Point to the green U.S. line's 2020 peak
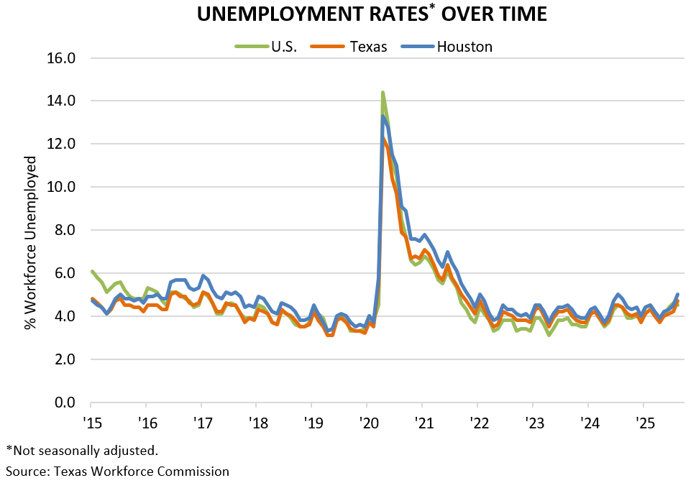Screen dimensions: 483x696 (x=383, y=92)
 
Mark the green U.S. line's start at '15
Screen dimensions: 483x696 (x=92, y=271)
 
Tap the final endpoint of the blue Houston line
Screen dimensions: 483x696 (x=678, y=294)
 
